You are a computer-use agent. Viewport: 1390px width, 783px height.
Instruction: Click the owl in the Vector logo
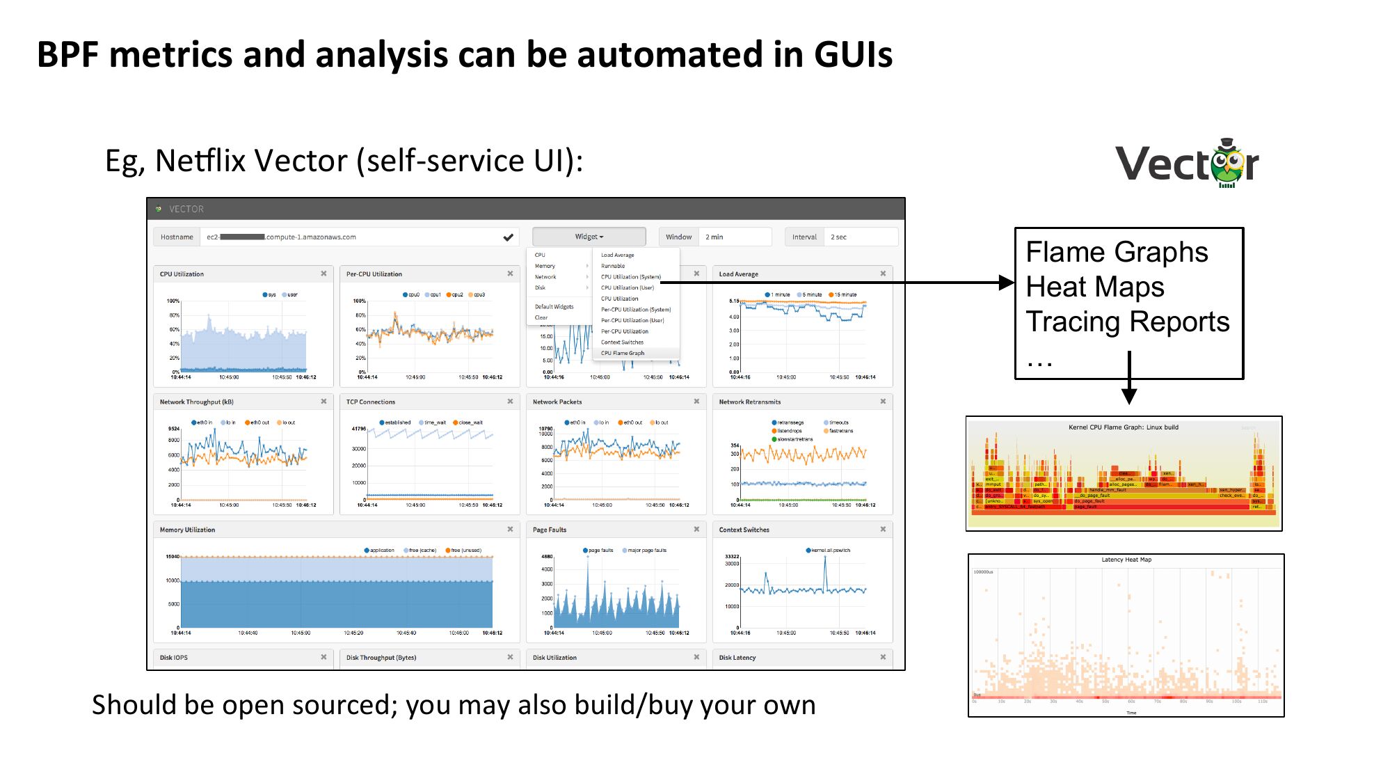(1227, 164)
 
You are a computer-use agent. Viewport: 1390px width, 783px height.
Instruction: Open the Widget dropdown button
(589, 237)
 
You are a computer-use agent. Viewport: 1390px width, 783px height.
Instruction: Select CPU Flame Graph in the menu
(623, 353)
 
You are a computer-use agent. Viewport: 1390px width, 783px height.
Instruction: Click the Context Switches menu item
(622, 342)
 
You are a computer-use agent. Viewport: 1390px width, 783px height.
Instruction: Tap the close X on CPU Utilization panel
(323, 274)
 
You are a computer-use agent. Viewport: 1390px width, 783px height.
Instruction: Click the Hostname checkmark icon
(509, 237)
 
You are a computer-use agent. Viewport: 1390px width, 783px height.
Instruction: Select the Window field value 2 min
(714, 237)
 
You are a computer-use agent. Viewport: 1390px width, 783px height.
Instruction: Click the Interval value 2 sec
(838, 237)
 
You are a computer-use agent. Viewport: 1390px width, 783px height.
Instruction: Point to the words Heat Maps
(1094, 287)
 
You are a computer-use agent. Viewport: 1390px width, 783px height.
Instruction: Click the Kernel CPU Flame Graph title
(1123, 427)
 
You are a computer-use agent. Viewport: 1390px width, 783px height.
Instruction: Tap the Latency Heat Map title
(1126, 560)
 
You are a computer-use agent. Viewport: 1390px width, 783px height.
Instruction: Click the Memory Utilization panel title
(187, 530)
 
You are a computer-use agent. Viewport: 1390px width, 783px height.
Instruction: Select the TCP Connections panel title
(370, 402)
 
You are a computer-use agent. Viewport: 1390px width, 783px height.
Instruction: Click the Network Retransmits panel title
(749, 402)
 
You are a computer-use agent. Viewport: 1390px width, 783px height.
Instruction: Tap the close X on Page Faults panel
(696, 530)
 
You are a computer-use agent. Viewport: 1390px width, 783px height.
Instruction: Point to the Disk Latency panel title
(737, 658)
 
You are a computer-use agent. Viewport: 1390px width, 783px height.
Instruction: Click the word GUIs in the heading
(852, 54)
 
